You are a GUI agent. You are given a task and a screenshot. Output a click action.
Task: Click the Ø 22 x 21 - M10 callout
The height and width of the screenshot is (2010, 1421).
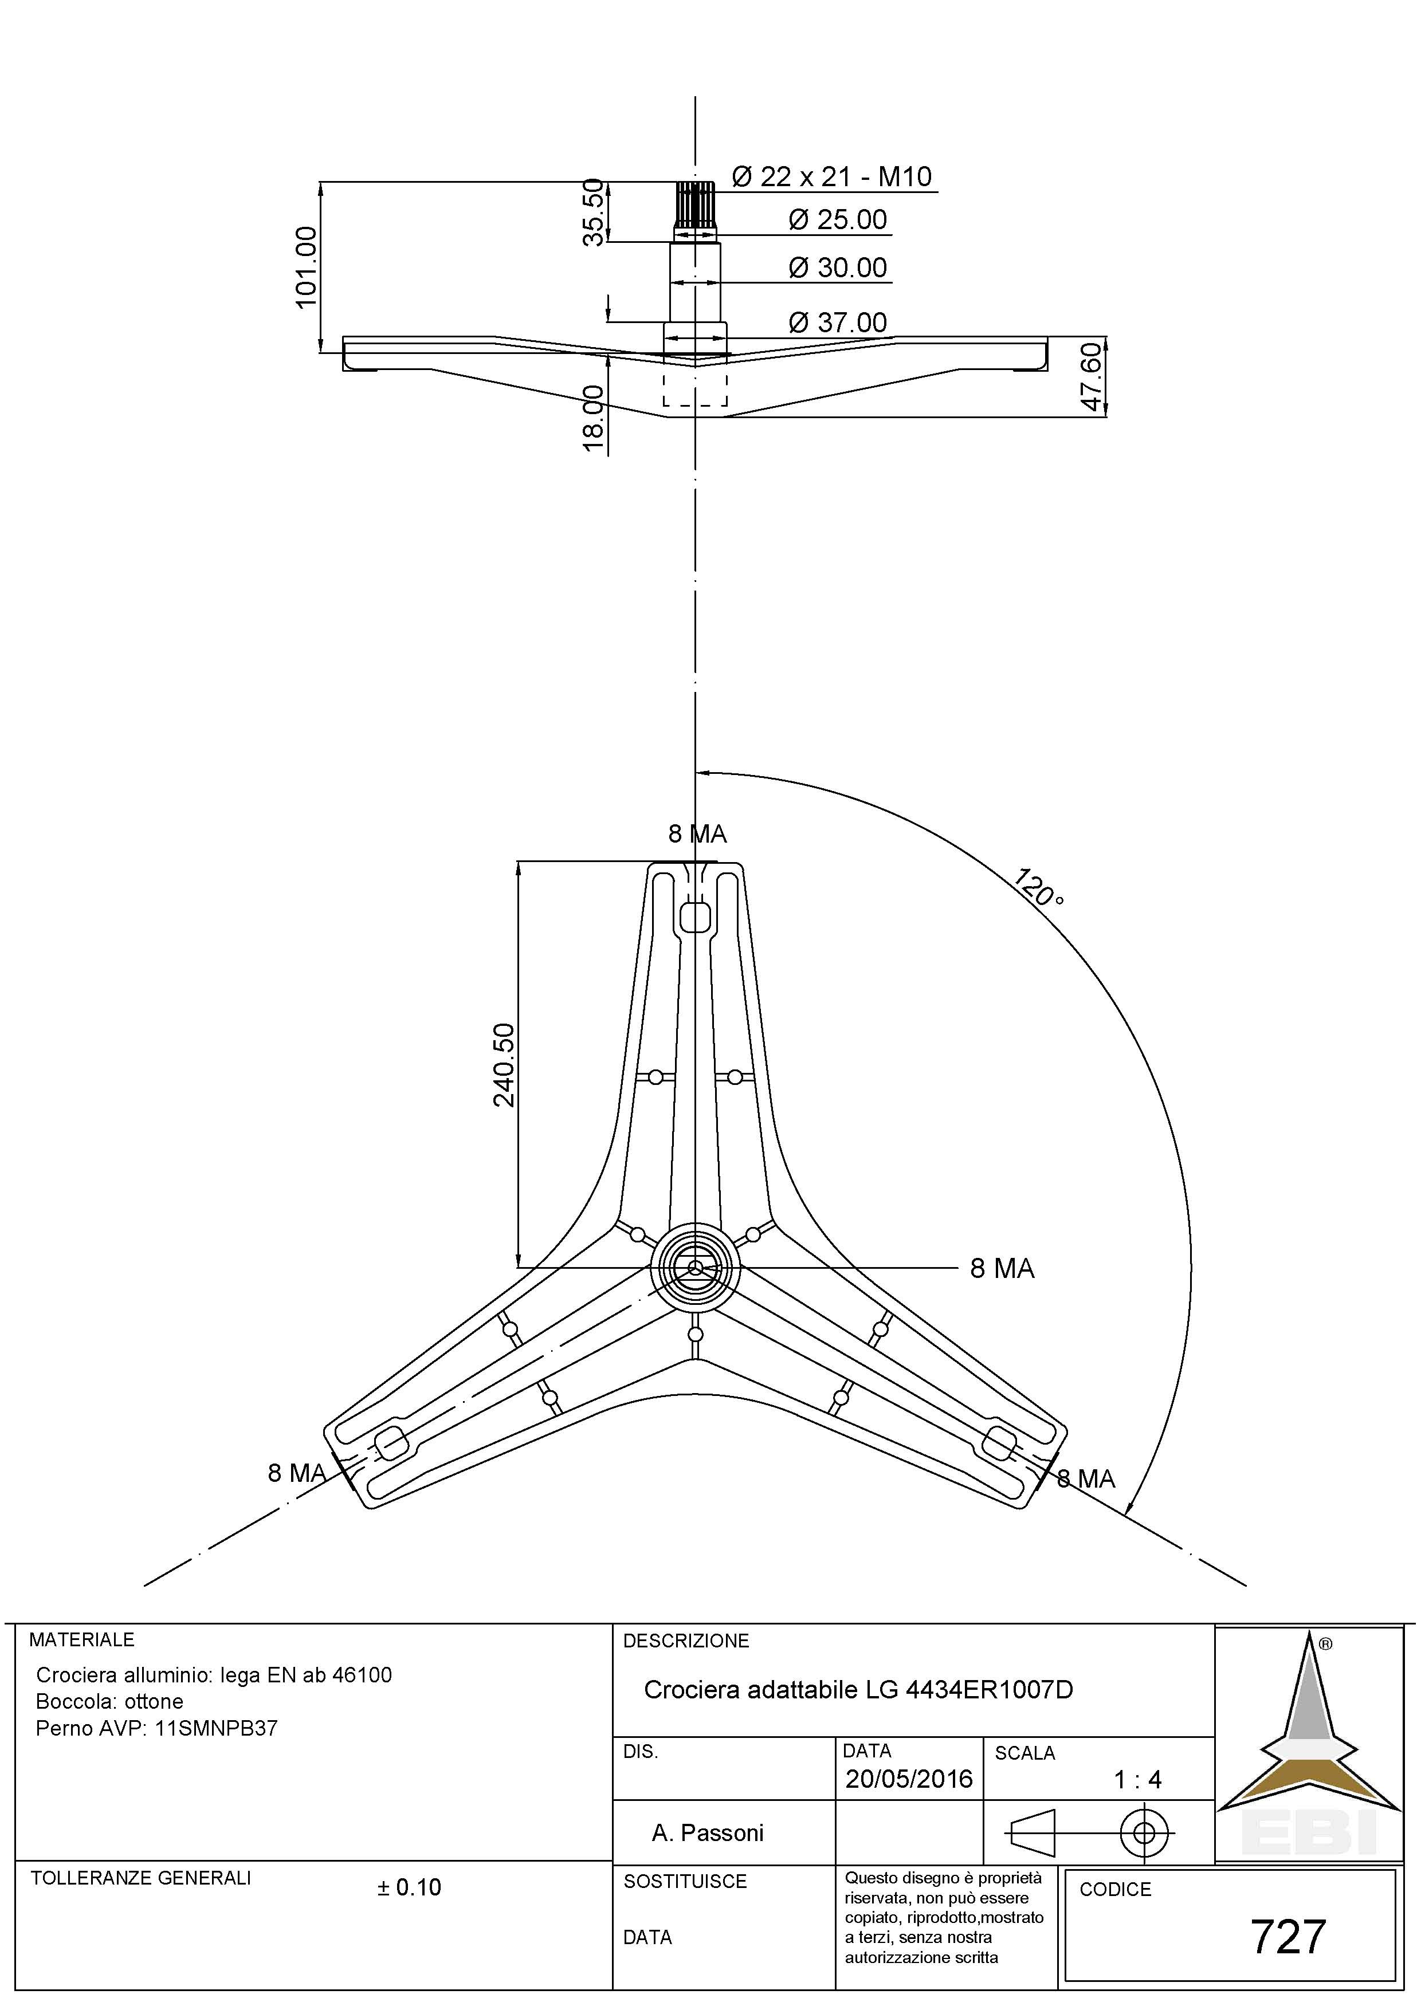coord(831,177)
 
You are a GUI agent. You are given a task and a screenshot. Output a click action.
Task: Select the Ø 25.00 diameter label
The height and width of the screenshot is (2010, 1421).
coord(838,220)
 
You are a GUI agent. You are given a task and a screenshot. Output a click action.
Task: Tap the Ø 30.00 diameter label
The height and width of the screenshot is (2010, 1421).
coord(838,268)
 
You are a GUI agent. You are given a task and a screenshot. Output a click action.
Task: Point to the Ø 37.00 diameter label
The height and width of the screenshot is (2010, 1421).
coord(838,323)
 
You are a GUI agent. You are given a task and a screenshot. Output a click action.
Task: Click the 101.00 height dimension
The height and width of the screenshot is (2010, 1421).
coord(305,267)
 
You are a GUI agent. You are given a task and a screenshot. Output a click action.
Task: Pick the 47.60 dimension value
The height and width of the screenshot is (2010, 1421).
coord(1092,376)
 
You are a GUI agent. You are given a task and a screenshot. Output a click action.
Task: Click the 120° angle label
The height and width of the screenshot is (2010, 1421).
coord(1039,888)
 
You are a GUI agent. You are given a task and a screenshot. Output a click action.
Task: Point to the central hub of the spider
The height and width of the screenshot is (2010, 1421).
coord(695,1266)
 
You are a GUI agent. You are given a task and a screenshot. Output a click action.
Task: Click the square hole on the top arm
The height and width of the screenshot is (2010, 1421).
coord(695,918)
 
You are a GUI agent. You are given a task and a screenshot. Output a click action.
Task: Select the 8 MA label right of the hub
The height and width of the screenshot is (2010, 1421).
coord(1002,1269)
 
